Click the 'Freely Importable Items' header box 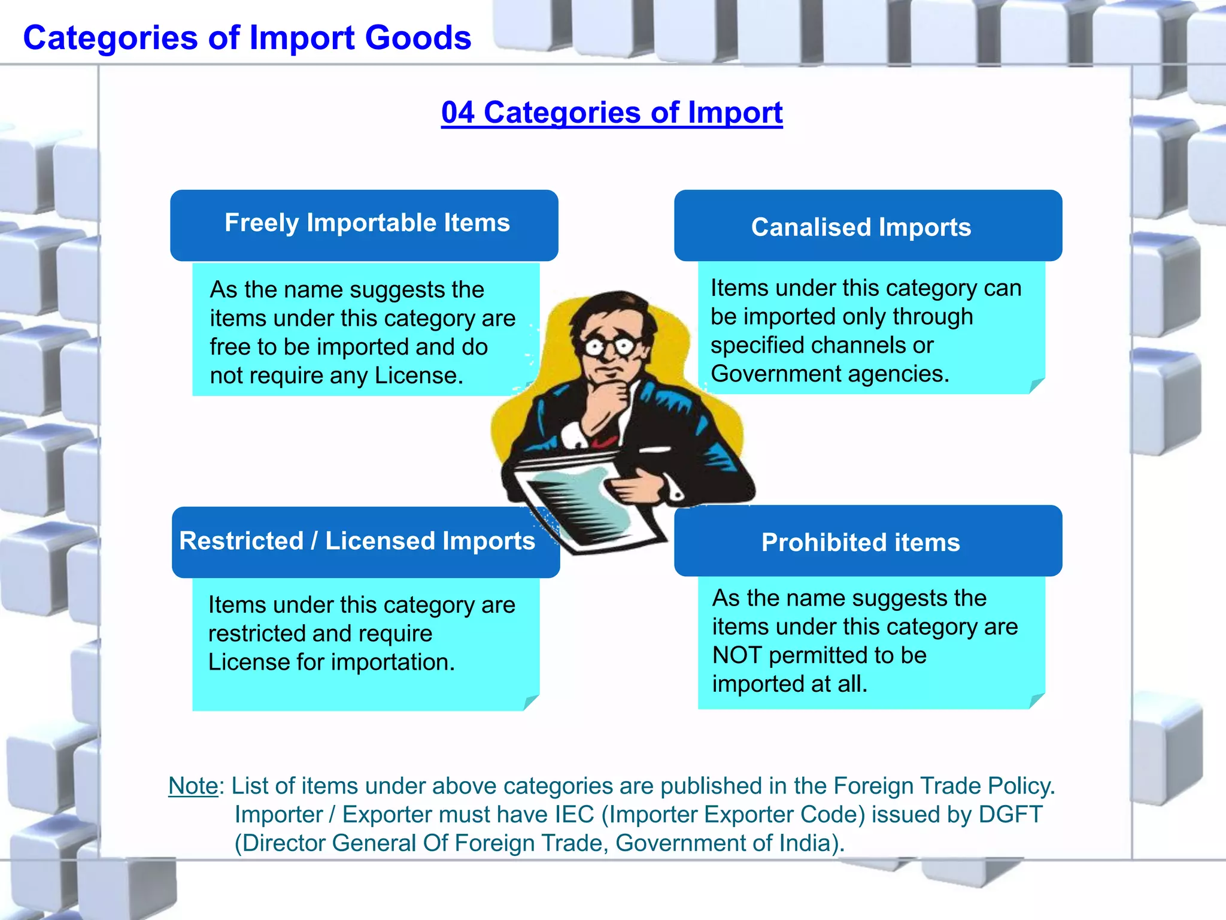[364, 225]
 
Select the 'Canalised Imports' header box [867, 226]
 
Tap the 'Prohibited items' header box [867, 541]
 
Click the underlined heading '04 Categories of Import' [612, 113]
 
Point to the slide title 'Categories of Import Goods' [247, 38]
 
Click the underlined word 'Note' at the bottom [193, 786]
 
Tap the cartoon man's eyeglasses [611, 346]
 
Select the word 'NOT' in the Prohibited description [738, 655]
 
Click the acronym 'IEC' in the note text [574, 815]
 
